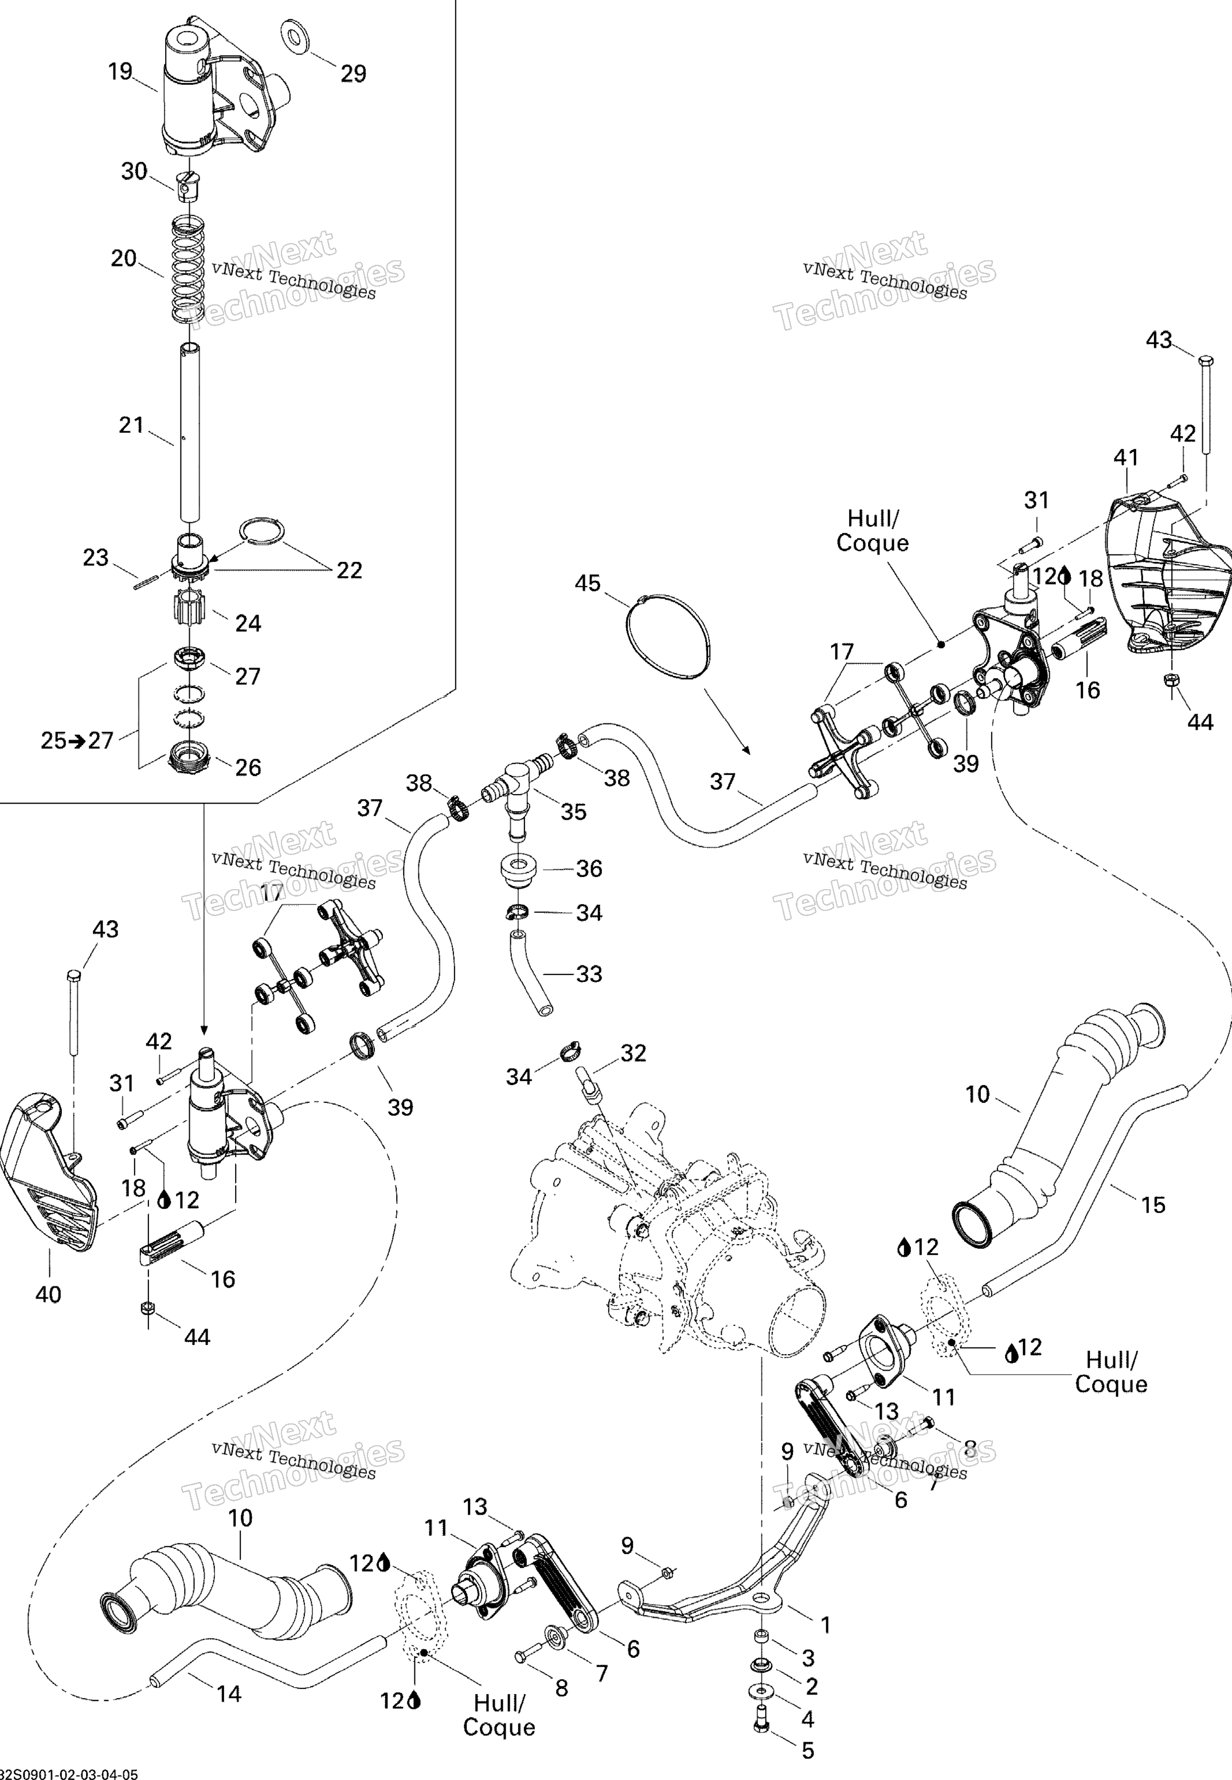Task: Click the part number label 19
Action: [120, 72]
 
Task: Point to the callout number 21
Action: [131, 425]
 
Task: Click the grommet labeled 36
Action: [521, 869]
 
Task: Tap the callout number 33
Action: [589, 973]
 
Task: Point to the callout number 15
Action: [1153, 1204]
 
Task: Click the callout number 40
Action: [49, 1294]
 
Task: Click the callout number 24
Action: [248, 623]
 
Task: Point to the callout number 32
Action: [633, 1053]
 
